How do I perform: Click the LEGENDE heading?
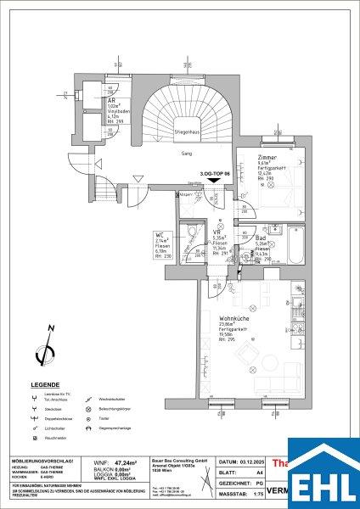pyautogui.click(x=45, y=384)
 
